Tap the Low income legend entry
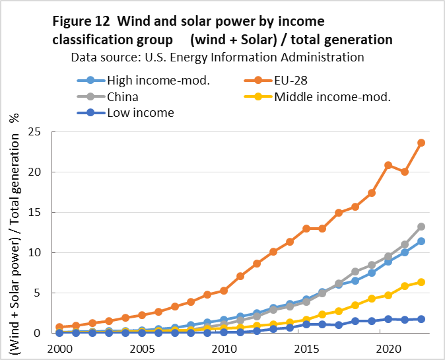pos(141,112)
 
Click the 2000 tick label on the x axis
pos(59,348)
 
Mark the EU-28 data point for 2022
pos(421,143)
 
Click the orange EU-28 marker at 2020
pos(388,165)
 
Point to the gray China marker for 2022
pos(421,227)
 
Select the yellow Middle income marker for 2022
pos(421,282)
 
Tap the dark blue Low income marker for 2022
pos(421,319)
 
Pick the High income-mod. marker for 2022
pos(421,241)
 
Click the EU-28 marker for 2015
pos(306,229)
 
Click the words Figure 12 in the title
pos(81,22)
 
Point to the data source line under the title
pos(217,57)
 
